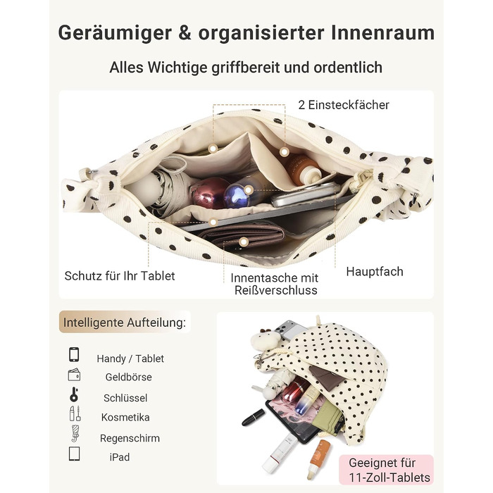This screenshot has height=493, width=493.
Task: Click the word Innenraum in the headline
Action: pyautogui.click(x=382, y=33)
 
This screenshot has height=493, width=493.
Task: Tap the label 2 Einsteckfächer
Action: pyautogui.click(x=344, y=105)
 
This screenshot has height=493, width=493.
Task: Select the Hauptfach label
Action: pyautogui.click(x=375, y=272)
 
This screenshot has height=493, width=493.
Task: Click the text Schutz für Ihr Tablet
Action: pyautogui.click(x=120, y=276)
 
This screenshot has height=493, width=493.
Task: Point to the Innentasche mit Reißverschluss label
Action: pyautogui.click(x=275, y=284)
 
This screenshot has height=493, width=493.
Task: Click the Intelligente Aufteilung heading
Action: pyautogui.click(x=125, y=323)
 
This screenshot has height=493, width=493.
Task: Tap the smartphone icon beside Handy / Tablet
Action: pyautogui.click(x=74, y=355)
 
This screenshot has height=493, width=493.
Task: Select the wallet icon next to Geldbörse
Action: pyautogui.click(x=74, y=375)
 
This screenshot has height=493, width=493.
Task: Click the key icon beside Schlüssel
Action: pyautogui.click(x=74, y=395)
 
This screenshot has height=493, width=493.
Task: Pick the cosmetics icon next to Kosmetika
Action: pyautogui.click(x=75, y=413)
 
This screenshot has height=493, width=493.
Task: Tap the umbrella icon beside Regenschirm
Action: pyautogui.click(x=75, y=434)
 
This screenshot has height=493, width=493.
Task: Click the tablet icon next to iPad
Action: pyautogui.click(x=74, y=454)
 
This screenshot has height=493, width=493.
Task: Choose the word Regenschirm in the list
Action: pyautogui.click(x=130, y=438)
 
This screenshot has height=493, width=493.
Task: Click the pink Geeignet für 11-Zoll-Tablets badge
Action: pyautogui.click(x=387, y=470)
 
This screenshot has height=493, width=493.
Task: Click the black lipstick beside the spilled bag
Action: pyautogui.click(x=254, y=417)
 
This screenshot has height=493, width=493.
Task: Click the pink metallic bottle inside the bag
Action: pyautogui.click(x=211, y=193)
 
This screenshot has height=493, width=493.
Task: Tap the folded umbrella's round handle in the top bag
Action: pyautogui.click(x=144, y=189)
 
